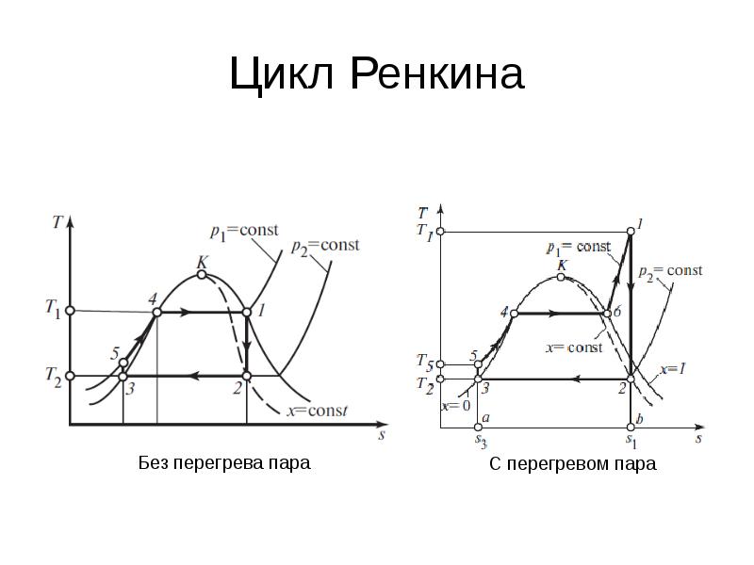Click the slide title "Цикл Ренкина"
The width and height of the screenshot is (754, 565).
pyautogui.click(x=376, y=74)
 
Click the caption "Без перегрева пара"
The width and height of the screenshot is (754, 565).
pyautogui.click(x=223, y=463)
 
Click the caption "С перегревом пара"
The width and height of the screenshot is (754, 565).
pyautogui.click(x=572, y=464)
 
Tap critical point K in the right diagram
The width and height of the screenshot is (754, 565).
pyautogui.click(x=562, y=278)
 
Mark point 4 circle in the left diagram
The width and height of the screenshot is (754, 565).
pyautogui.click(x=157, y=312)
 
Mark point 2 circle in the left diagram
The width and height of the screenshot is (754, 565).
pyautogui.click(x=247, y=377)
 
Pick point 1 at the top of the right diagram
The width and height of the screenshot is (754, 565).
pyautogui.click(x=631, y=231)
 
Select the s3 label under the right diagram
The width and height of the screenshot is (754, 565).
pyautogui.click(x=480, y=439)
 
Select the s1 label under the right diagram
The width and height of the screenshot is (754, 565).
pyautogui.click(x=631, y=439)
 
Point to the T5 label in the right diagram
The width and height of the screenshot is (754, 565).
pyautogui.click(x=425, y=363)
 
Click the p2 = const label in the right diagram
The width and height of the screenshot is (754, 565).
pyautogui.click(x=670, y=270)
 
